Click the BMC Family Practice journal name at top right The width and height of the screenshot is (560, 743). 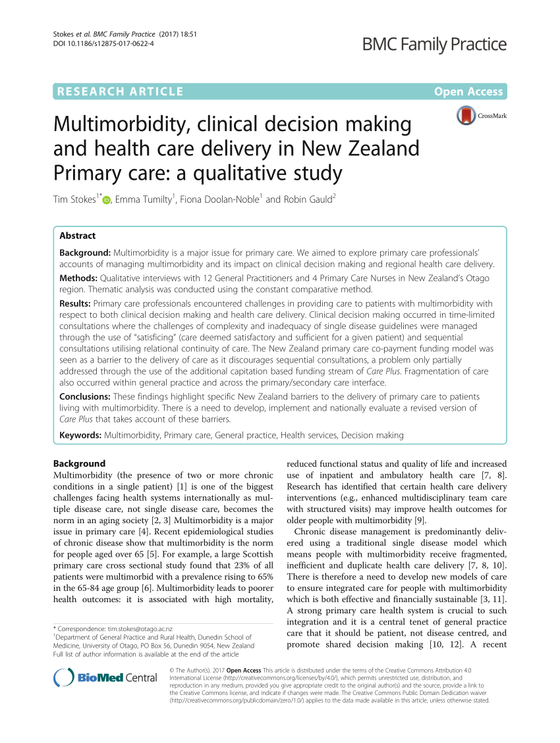tap(435, 45)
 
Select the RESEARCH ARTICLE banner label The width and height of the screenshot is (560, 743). tap(121, 91)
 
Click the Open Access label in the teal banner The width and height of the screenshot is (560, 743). tap(468, 91)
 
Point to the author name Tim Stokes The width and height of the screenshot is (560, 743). tap(76, 199)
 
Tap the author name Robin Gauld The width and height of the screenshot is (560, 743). tap(308, 199)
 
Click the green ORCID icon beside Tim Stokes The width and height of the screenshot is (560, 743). tap(107, 200)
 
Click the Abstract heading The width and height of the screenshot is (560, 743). tap(78, 236)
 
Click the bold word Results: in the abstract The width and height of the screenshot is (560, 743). tap(76, 303)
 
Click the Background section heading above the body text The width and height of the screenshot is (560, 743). tap(79, 463)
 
